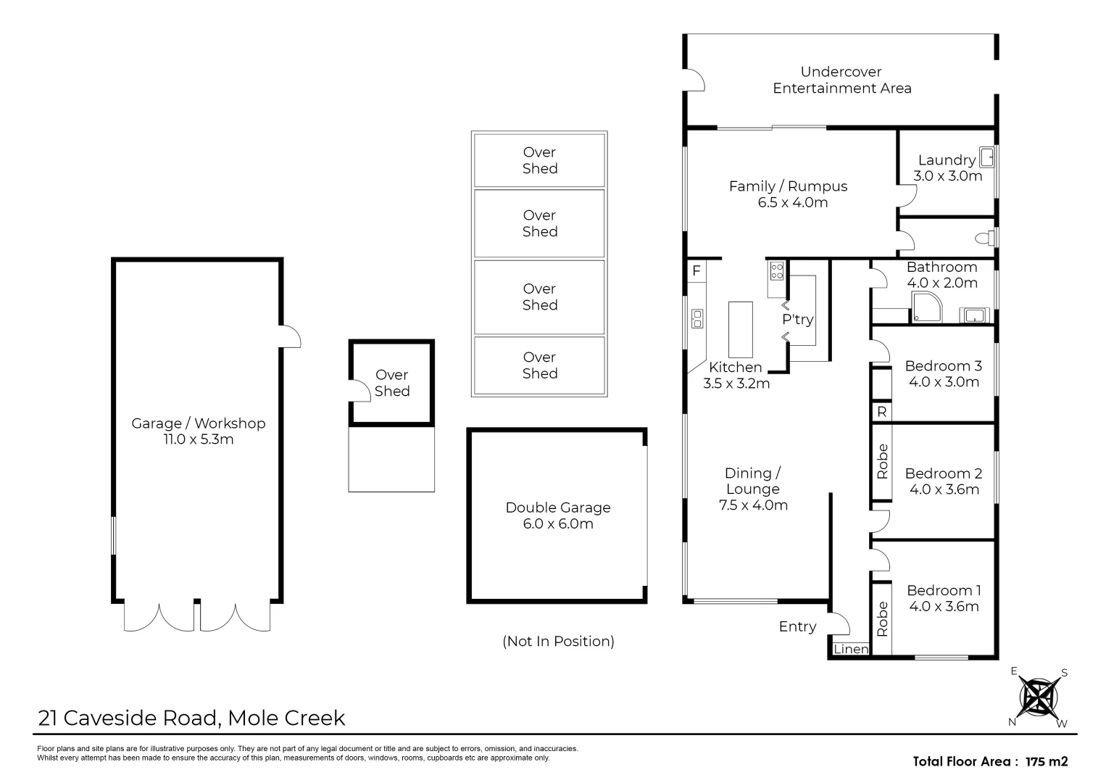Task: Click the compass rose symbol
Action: click(1039, 698)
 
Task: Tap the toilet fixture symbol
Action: click(985, 239)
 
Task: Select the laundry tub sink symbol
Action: click(986, 157)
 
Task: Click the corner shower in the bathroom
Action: click(927, 307)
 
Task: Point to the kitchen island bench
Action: click(741, 329)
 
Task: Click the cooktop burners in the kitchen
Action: click(777, 270)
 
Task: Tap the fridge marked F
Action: click(697, 270)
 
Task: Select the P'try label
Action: click(798, 320)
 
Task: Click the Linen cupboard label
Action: click(851, 649)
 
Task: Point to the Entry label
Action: click(797, 626)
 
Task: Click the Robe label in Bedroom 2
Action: click(882, 461)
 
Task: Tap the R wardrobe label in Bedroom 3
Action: click(882, 412)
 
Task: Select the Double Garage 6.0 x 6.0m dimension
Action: click(558, 523)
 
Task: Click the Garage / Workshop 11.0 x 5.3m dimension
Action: click(199, 439)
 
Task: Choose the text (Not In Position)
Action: click(558, 641)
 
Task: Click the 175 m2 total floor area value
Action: click(1047, 761)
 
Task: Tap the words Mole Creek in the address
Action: click(286, 718)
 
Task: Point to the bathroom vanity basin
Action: click(974, 315)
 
